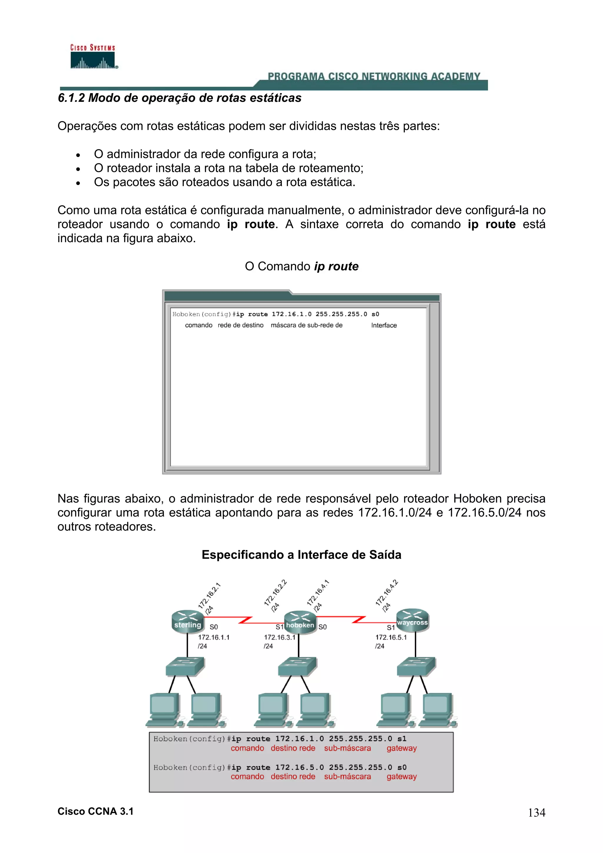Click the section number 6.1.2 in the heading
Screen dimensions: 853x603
click(71, 98)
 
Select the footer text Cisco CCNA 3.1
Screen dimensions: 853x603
click(95, 811)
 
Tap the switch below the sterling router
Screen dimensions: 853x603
click(185, 666)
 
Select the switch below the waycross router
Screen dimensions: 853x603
click(416, 666)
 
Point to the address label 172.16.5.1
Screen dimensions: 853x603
click(391, 638)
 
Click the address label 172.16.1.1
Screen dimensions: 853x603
click(214, 638)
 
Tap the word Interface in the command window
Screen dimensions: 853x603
click(384, 326)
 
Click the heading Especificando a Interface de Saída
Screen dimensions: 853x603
click(301, 555)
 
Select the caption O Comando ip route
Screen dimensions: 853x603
click(301, 266)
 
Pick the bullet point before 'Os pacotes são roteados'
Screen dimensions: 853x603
click(78, 183)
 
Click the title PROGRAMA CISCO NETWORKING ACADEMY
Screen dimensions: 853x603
click(374, 77)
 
